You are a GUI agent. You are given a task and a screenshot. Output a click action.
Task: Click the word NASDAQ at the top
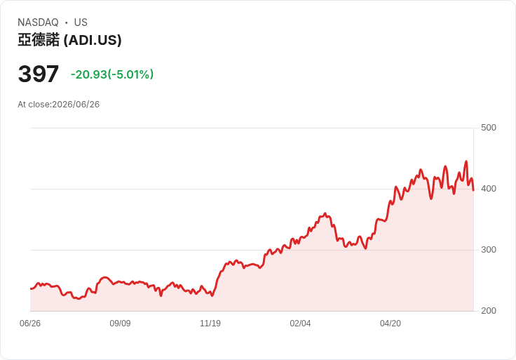pos(38,22)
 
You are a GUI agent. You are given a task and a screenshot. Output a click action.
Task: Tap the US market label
pos(81,22)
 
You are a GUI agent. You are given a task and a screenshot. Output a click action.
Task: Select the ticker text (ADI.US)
pos(93,40)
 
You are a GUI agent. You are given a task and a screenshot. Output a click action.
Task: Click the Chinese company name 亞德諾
pos(39,40)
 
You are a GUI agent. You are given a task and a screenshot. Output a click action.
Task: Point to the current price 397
pos(39,74)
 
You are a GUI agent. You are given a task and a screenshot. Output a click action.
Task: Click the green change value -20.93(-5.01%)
pos(112,74)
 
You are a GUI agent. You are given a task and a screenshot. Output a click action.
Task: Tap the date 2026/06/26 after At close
pos(76,105)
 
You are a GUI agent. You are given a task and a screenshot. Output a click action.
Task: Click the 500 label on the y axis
pos(489,128)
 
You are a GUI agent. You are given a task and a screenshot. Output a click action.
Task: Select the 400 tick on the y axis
pos(489,189)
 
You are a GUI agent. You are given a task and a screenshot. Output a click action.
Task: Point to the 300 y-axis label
pos(489,250)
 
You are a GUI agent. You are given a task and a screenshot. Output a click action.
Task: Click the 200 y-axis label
pos(489,311)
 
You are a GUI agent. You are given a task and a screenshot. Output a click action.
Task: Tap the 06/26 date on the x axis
pos(30,324)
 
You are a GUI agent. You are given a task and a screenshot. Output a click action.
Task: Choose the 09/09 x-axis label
pos(120,324)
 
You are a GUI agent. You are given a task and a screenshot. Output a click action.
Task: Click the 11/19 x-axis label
pos(210,324)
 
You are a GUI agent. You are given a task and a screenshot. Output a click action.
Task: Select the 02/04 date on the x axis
pos(300,324)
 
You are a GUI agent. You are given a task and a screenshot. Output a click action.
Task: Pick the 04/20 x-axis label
pos(391,324)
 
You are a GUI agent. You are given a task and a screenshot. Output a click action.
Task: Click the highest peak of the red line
pos(466,161)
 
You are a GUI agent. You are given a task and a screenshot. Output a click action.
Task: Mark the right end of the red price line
pos(473,190)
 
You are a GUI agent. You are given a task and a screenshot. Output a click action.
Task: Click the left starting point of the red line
pos(31,288)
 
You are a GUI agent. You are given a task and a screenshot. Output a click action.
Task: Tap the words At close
pos(34,105)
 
